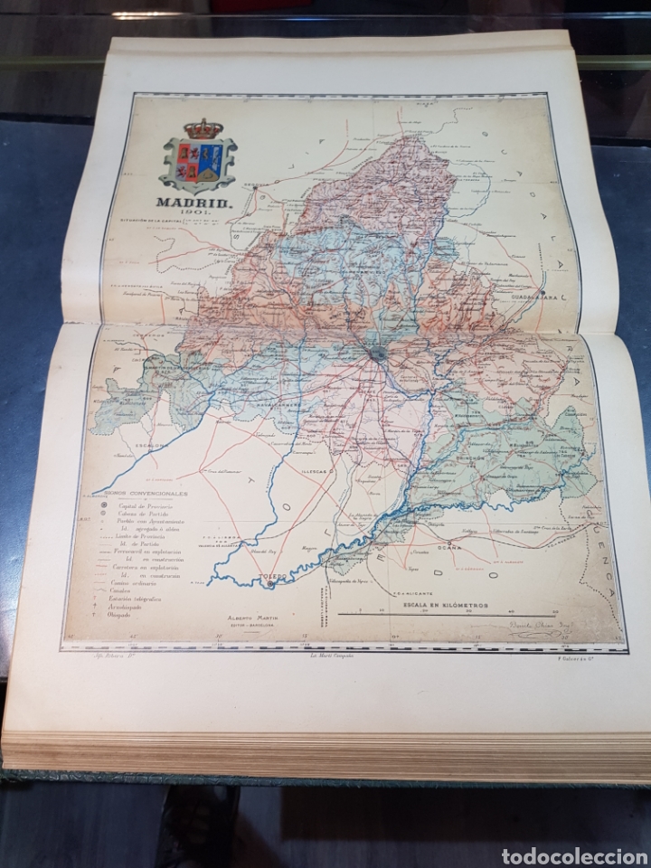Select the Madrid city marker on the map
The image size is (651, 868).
click(x=378, y=354)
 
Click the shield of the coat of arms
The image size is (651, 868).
click(x=198, y=163)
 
